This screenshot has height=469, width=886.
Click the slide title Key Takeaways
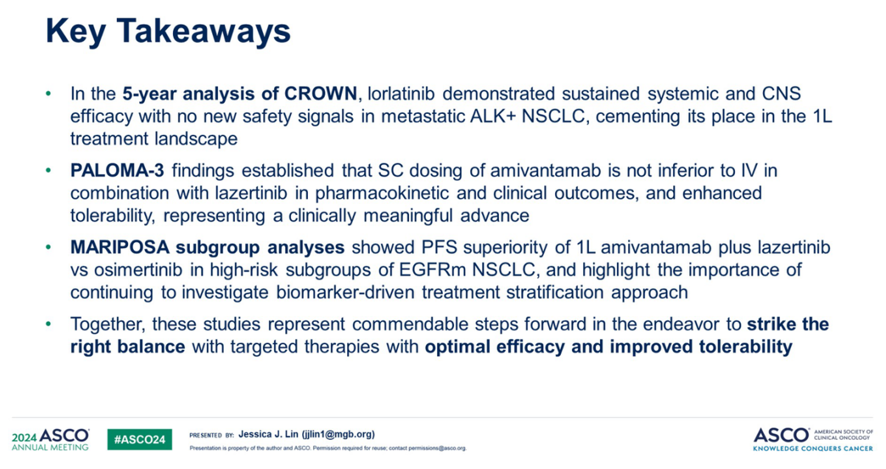168,31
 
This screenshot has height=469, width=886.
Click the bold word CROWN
321,94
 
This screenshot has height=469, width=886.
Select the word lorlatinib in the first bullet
401,94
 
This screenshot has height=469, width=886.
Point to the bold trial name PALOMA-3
117,170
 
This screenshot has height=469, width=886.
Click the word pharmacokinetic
382,194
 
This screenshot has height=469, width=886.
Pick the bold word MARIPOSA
120,247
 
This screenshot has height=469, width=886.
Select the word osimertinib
138,270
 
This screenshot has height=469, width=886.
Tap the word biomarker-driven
345,293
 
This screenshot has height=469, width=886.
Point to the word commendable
410,324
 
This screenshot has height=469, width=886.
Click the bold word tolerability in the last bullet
745,347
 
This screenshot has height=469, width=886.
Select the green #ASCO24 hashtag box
140,439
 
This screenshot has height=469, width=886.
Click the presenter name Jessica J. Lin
268,434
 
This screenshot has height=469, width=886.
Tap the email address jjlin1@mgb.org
338,434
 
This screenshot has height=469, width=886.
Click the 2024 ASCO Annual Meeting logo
51,439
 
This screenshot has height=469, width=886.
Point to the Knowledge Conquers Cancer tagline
813,449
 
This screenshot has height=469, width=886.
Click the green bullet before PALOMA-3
48,170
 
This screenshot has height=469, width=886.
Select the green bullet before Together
48,324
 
